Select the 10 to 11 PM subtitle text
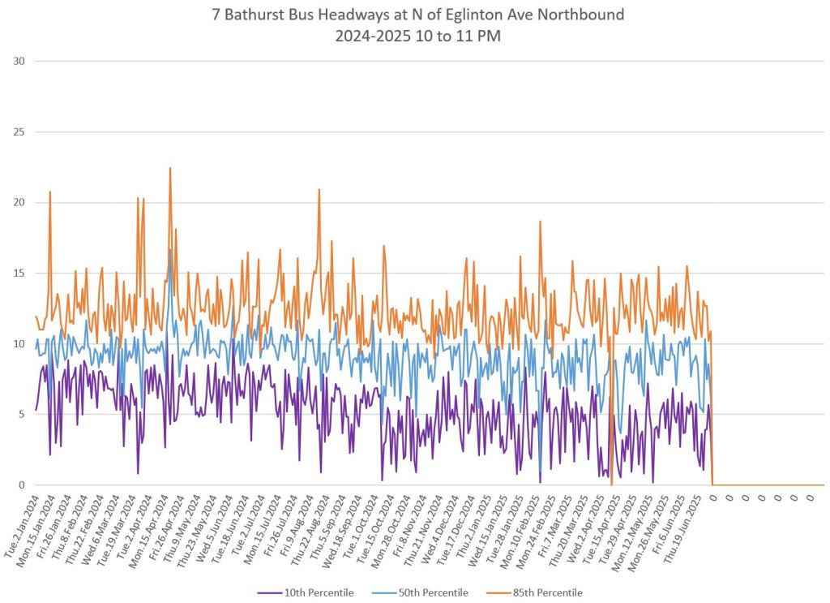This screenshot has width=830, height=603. coord(451,37)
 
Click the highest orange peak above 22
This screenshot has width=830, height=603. coord(170,169)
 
